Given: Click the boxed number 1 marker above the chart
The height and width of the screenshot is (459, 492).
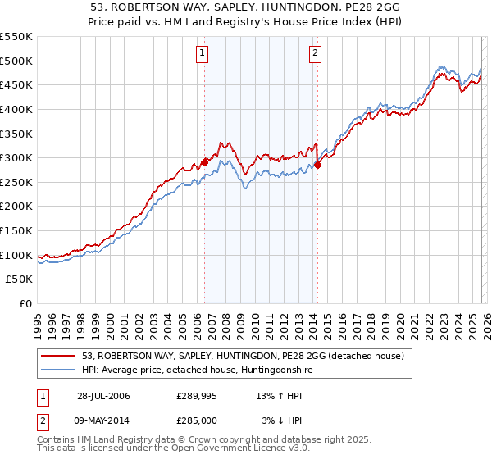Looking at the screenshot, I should (203, 54).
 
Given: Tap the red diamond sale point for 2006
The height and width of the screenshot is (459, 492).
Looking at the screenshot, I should (204, 162).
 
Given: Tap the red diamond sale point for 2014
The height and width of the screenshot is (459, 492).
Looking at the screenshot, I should (317, 165).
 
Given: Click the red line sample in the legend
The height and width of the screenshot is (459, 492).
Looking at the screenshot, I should (59, 357).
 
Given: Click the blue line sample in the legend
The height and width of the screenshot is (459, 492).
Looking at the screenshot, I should (59, 370).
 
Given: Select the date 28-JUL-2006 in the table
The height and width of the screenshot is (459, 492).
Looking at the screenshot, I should (103, 396).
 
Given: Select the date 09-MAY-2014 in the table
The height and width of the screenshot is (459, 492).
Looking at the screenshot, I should (104, 420).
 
